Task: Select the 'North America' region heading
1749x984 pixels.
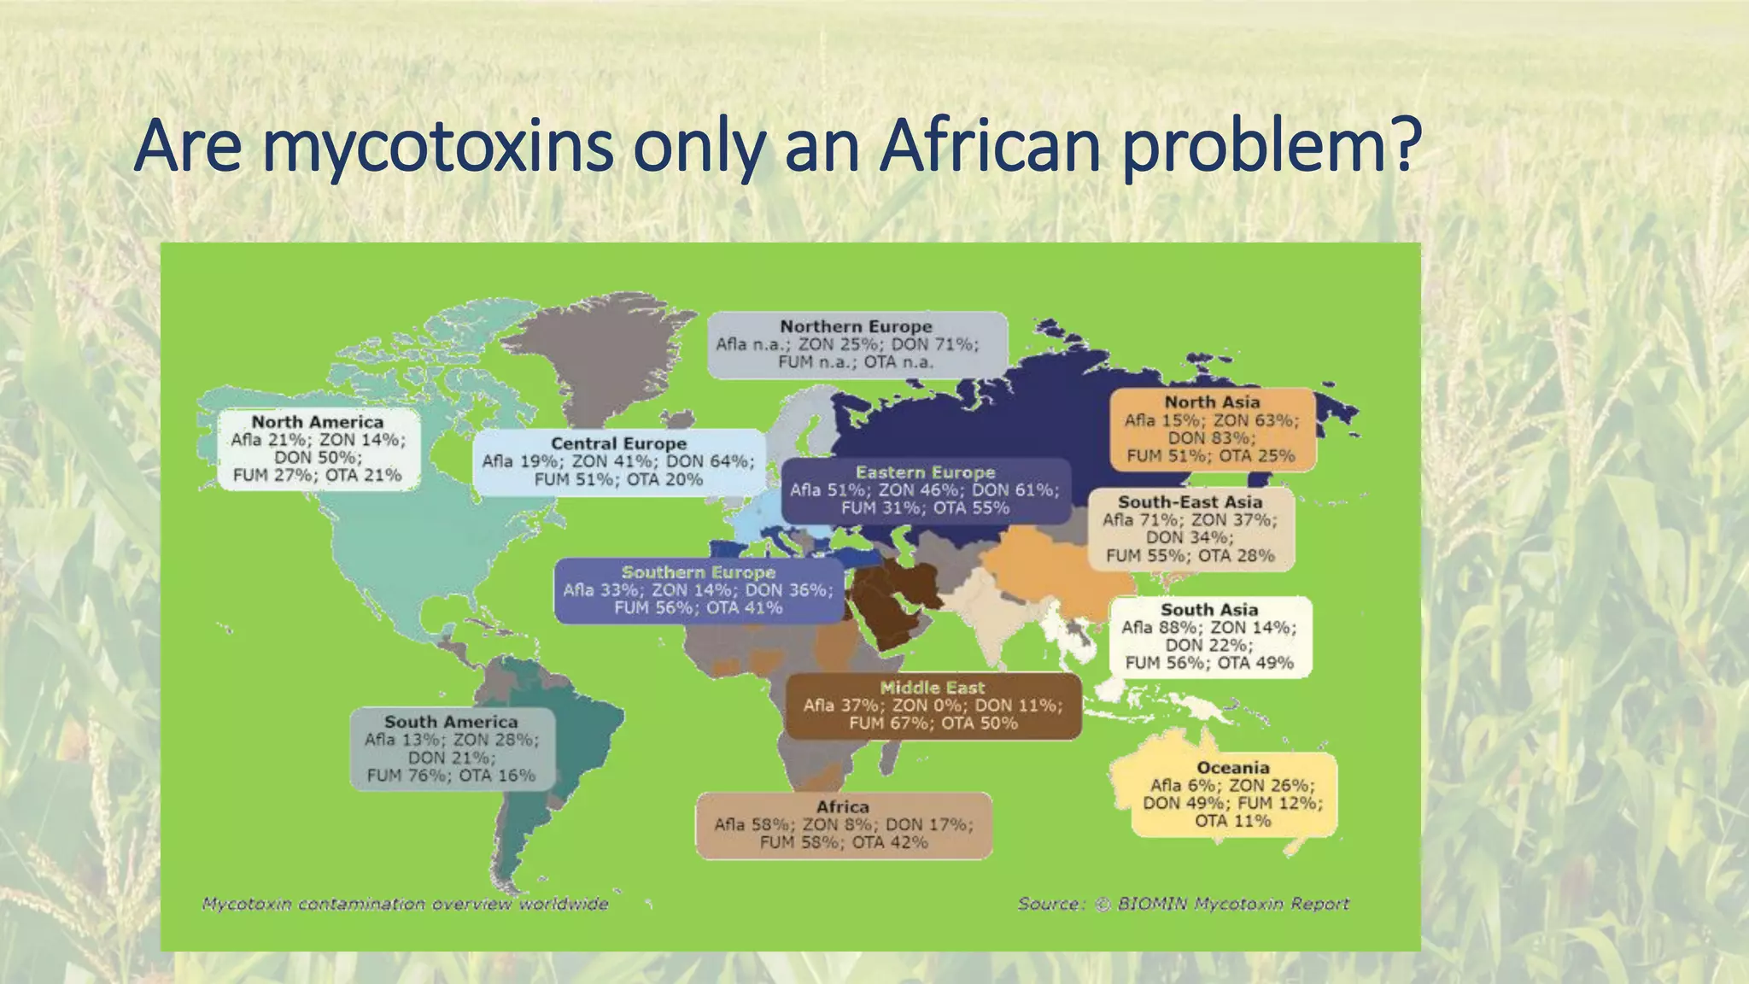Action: click(x=317, y=422)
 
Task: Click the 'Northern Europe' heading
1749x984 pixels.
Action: click(x=856, y=326)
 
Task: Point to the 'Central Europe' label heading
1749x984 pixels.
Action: click(x=618, y=443)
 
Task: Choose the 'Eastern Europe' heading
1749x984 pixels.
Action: click(x=925, y=472)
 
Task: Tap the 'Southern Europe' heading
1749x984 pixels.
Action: click(x=698, y=572)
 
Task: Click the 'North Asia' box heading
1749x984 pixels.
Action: click(x=1212, y=401)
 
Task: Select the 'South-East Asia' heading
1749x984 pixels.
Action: click(x=1190, y=502)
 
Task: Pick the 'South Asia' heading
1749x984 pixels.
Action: click(x=1208, y=610)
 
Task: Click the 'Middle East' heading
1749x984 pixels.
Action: click(x=932, y=688)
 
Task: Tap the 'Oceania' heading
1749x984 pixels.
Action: click(x=1232, y=768)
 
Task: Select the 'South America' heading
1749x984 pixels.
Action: click(x=450, y=722)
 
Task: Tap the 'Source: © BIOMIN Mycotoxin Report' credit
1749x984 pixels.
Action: click(x=1183, y=904)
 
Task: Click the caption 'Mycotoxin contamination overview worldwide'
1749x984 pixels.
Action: click(x=405, y=904)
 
